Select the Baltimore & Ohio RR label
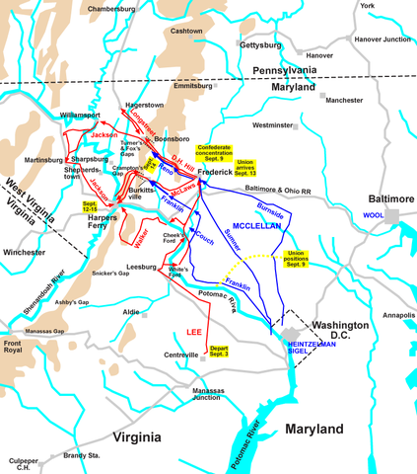point(270,188)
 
